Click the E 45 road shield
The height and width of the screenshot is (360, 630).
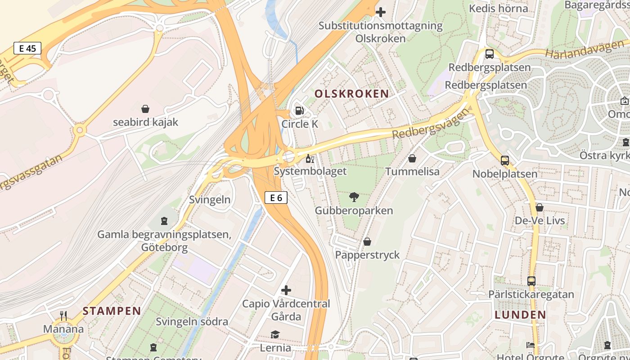(x=27, y=48)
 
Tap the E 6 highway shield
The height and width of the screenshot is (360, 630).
(x=276, y=197)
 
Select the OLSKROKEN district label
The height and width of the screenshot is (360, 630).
(x=352, y=94)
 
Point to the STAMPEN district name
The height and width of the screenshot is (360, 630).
(x=112, y=310)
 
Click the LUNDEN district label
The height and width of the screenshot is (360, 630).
(x=520, y=315)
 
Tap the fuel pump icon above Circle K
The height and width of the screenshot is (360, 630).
(x=299, y=110)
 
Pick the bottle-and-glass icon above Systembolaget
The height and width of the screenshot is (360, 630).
(x=310, y=158)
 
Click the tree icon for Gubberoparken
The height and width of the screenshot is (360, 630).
(x=354, y=197)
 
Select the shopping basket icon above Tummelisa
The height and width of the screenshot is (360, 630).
(x=412, y=158)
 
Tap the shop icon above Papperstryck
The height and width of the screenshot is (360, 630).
(x=367, y=242)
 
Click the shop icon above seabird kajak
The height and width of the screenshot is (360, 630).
(x=145, y=109)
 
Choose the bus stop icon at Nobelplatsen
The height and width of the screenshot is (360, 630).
(x=505, y=161)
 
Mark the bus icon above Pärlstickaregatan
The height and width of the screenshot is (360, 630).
(x=531, y=281)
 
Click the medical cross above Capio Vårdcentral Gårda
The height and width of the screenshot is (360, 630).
(x=286, y=290)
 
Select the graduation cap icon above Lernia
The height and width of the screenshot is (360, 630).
(x=275, y=334)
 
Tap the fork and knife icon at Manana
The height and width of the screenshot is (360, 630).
(x=63, y=316)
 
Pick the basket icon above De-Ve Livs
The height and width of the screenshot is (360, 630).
(x=540, y=207)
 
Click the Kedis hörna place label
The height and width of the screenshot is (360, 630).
(x=498, y=8)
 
